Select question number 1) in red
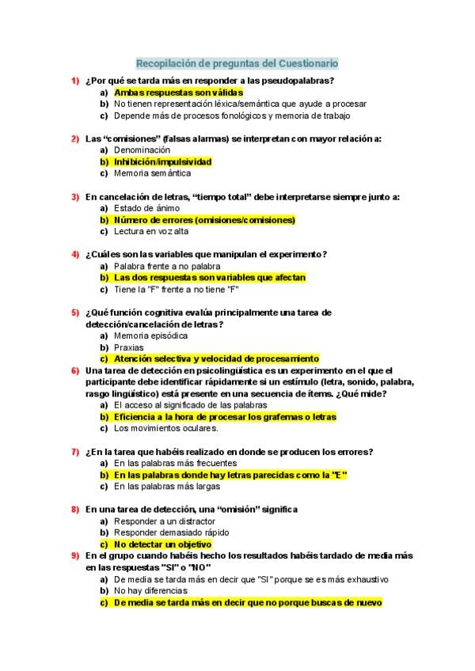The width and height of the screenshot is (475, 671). [x=74, y=81]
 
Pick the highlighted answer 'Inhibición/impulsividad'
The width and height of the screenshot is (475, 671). [x=162, y=161]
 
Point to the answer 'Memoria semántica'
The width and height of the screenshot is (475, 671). [x=152, y=173]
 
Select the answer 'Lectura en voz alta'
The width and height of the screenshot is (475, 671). [x=151, y=231]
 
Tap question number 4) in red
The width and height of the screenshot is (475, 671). [x=74, y=254]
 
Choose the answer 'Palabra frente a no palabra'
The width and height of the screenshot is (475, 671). [x=165, y=266]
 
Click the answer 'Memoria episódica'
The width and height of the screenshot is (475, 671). [x=150, y=335]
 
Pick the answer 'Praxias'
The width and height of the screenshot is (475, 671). [x=129, y=347]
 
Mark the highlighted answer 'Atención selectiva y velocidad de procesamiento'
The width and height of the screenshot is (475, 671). [x=216, y=358]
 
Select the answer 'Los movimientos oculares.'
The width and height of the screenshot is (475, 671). [x=165, y=428]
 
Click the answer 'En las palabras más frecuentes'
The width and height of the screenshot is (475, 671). [x=175, y=463]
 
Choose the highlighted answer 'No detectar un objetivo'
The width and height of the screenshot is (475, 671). [x=162, y=544]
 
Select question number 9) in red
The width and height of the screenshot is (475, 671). [x=74, y=555]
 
